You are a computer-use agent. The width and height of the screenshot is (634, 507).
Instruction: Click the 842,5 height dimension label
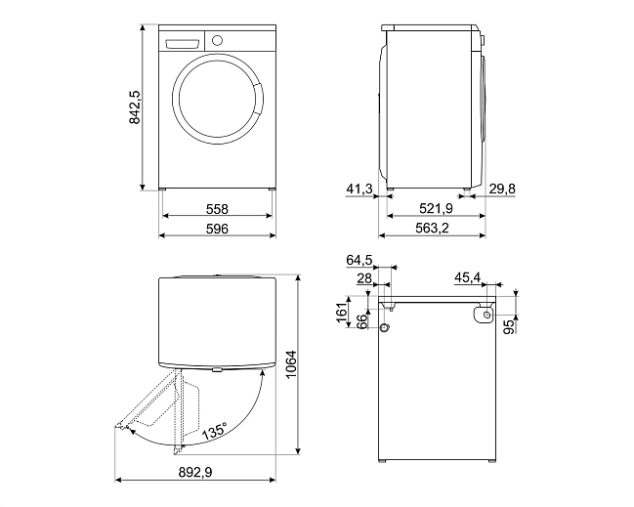(x=135, y=107)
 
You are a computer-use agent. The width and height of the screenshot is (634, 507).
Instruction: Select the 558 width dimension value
(x=217, y=209)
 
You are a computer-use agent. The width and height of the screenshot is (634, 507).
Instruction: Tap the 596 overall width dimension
(x=217, y=229)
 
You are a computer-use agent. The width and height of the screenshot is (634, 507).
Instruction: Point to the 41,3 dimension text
(x=359, y=189)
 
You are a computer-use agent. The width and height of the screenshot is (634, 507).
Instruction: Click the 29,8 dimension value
(x=502, y=189)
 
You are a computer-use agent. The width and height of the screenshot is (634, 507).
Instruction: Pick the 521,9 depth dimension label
(x=436, y=209)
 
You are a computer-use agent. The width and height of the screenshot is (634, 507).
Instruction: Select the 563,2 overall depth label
(x=432, y=229)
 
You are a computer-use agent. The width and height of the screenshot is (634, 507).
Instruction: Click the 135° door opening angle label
(x=215, y=431)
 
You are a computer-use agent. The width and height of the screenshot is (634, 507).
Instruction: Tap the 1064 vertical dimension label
(x=291, y=364)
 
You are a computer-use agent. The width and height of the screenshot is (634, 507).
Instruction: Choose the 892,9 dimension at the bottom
(x=195, y=472)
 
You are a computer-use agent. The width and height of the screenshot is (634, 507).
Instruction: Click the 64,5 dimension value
(x=359, y=261)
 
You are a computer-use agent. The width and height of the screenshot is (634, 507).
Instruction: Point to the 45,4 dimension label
(x=467, y=277)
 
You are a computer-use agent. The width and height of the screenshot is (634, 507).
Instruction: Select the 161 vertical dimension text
(x=343, y=313)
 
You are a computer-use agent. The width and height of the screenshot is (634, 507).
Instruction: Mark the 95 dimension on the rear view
(x=511, y=326)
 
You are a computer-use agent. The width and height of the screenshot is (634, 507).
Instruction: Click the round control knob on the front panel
(x=217, y=40)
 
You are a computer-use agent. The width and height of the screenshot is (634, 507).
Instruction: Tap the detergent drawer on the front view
(x=183, y=43)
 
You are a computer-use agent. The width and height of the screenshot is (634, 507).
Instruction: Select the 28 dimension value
(x=364, y=278)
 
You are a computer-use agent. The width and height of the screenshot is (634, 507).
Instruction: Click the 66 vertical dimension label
(x=362, y=320)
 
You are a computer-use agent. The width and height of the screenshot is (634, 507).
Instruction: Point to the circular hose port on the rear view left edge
(x=385, y=327)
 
